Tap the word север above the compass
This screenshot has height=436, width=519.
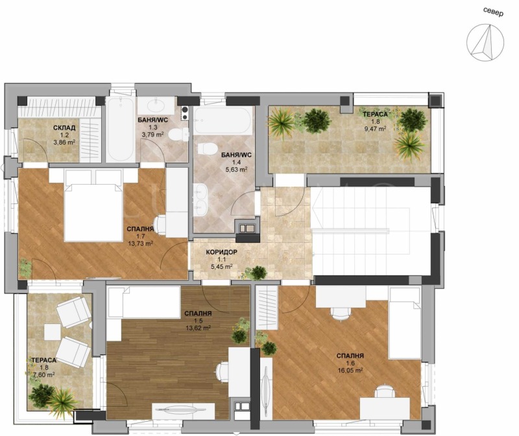point(493,11)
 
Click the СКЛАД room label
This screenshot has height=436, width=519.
point(64,128)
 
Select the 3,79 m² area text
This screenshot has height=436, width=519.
point(152,135)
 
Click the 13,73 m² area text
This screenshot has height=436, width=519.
point(141,244)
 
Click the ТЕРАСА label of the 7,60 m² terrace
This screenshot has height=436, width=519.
point(43,360)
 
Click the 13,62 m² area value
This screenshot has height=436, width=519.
point(198,328)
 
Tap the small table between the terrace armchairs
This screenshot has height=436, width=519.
point(52,332)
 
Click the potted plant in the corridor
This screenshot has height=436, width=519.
point(259,272)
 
